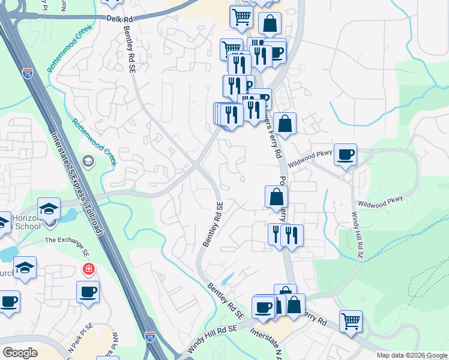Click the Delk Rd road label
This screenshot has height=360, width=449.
click(x=119, y=19)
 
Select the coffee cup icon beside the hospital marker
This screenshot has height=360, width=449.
click(x=88, y=292)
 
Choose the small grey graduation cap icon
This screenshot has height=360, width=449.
click(x=88, y=161)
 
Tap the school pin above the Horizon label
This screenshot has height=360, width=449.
click(x=49, y=208)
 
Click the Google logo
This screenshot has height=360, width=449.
click(x=20, y=352)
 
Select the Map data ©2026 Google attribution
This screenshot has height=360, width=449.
click(x=411, y=355)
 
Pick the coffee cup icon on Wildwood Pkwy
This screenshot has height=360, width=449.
click(x=345, y=154)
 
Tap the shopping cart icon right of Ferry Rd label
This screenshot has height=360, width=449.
click(x=351, y=320)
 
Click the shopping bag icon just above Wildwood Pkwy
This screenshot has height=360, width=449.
click(x=285, y=124)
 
